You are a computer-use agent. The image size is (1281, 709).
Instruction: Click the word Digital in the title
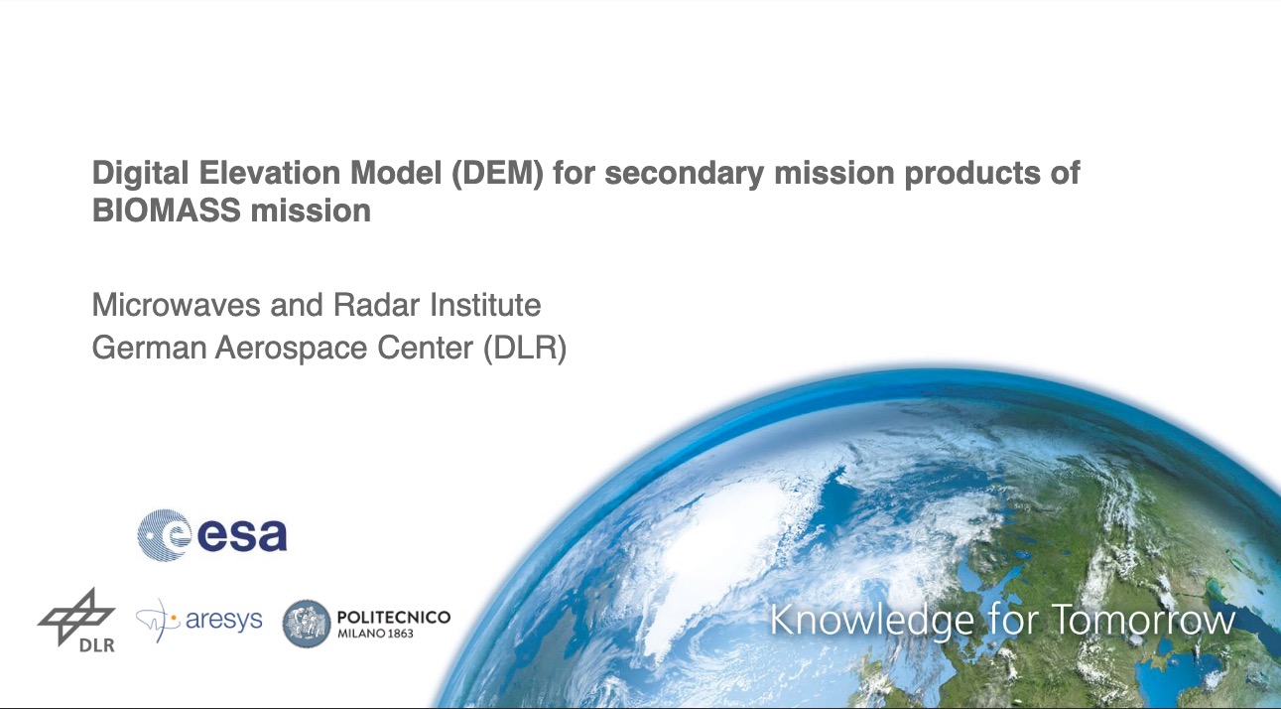click(x=141, y=174)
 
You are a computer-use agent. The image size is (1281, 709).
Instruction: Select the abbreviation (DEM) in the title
click(x=497, y=174)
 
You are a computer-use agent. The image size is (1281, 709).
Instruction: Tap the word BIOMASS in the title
click(x=167, y=211)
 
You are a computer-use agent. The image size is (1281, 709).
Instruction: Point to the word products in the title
click(x=971, y=174)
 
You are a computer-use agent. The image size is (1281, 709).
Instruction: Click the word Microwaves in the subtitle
click(x=177, y=305)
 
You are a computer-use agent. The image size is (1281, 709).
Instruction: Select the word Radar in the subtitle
click(x=376, y=305)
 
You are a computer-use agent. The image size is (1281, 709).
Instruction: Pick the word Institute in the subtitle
click(x=485, y=305)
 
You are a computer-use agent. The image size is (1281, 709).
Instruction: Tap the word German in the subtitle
click(x=149, y=348)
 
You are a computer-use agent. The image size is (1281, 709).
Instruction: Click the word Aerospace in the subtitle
click(x=291, y=349)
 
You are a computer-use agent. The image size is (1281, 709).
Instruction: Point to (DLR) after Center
click(x=525, y=348)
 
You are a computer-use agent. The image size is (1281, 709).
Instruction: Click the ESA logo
click(x=212, y=535)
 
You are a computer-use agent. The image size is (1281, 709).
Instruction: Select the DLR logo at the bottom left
click(x=77, y=621)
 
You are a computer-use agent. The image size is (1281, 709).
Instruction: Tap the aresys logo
click(x=199, y=620)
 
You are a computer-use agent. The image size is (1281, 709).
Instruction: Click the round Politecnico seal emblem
click(x=307, y=624)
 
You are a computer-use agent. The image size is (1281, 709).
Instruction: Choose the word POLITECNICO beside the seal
click(x=394, y=617)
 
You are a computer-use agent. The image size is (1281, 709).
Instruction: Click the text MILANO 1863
click(x=375, y=634)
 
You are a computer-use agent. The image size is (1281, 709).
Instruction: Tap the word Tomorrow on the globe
click(x=1143, y=620)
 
